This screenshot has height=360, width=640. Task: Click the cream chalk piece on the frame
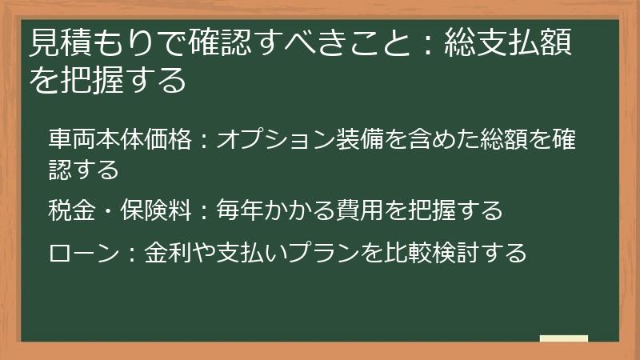click(x=564, y=338)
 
